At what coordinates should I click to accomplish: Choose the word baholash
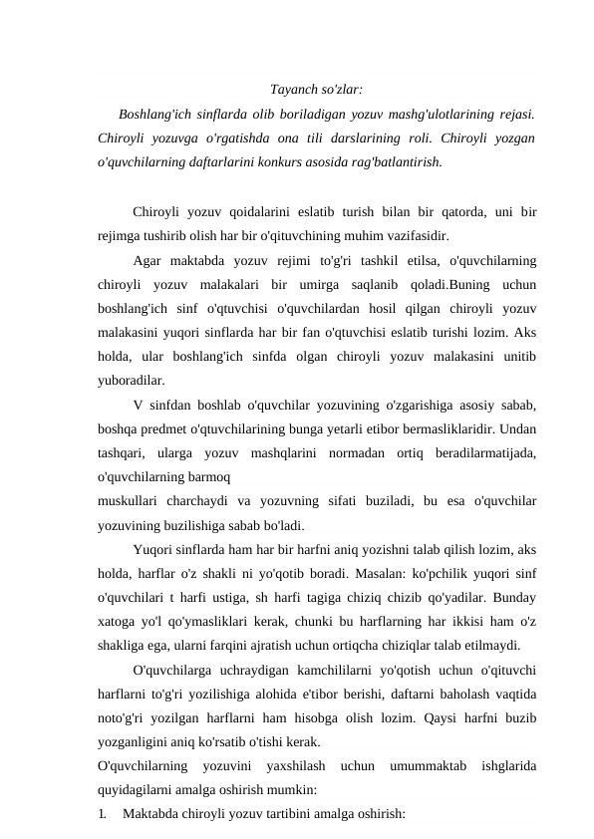coord(449,694)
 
